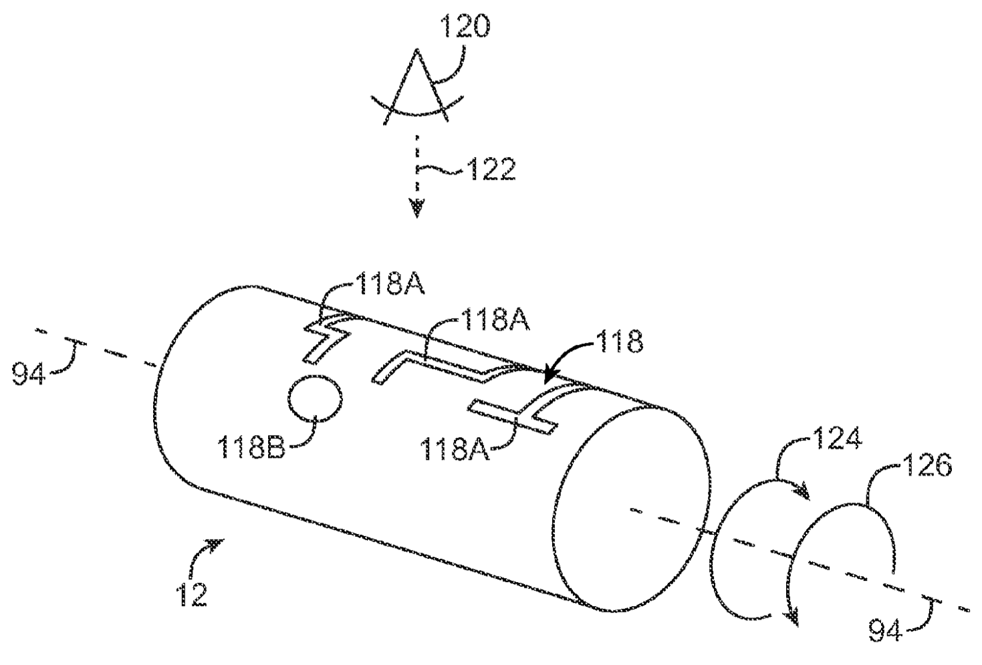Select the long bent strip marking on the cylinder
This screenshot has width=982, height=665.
click(441, 365)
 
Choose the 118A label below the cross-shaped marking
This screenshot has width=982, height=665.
click(455, 449)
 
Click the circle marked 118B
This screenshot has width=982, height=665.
click(316, 399)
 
